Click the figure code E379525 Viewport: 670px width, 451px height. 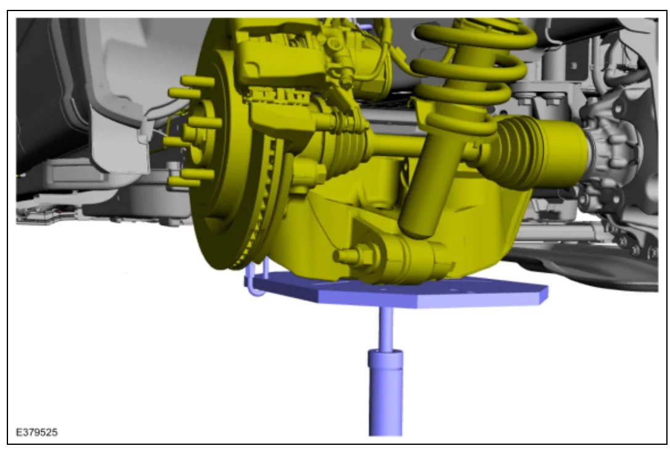pos(37,433)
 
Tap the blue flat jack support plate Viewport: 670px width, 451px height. pos(398,292)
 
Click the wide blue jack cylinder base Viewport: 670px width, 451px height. pos(385,392)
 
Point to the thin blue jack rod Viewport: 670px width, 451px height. pos(386,328)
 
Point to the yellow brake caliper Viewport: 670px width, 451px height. pos(282,60)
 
